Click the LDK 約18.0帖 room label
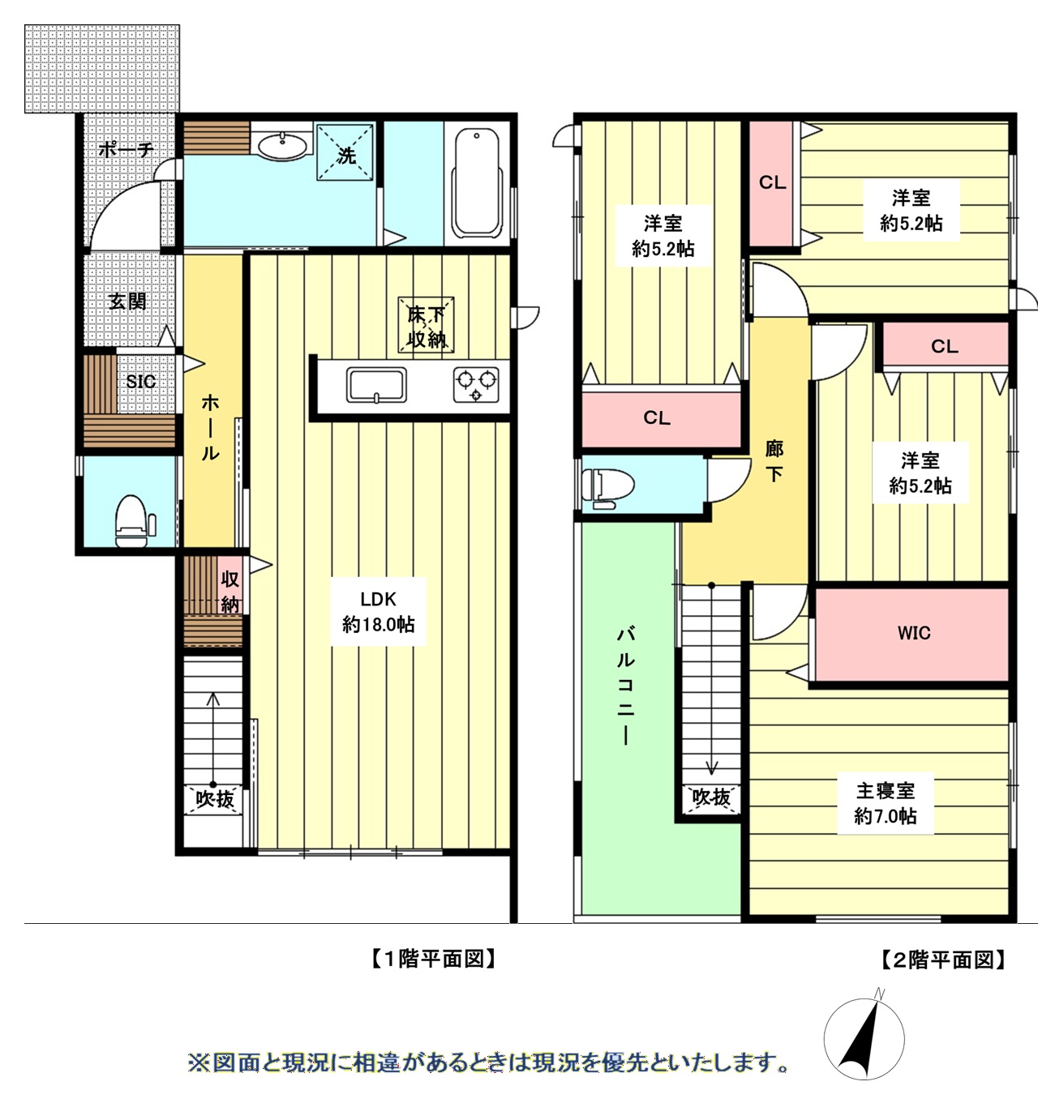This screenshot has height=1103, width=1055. (378, 612)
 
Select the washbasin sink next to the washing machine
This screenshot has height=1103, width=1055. (283, 147)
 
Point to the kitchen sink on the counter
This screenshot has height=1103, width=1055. (376, 384)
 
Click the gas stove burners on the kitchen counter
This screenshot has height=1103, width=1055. (476, 383)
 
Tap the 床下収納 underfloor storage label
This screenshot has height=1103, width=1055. (426, 326)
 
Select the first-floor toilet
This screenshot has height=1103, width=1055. (133, 519)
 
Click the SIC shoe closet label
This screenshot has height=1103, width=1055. (140, 381)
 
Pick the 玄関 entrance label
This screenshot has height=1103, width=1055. (127, 301)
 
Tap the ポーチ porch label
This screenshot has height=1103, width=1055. (125, 150)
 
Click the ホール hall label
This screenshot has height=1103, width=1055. (210, 427)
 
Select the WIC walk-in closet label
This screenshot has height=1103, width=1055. (914, 633)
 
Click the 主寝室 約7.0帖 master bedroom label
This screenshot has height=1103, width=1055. (885, 803)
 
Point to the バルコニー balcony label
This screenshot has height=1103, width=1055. (625, 685)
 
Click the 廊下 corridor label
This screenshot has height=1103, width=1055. (774, 460)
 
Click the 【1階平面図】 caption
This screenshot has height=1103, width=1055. (433, 960)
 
